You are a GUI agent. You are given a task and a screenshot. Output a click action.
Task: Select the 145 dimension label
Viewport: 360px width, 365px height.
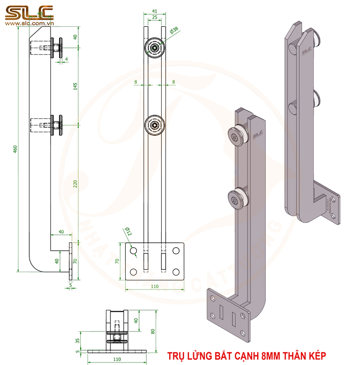pyautogui.click(x=75, y=86)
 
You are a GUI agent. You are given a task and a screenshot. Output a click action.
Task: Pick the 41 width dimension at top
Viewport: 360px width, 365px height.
pyautogui.click(x=154, y=12)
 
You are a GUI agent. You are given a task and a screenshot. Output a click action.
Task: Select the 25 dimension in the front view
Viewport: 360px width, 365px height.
pyautogui.click(x=154, y=18)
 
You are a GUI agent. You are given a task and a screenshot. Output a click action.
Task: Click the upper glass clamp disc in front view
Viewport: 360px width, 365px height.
pyautogui.click(x=154, y=48)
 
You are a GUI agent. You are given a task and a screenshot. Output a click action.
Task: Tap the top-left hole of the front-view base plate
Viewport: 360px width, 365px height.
pyautogui.click(x=134, y=251)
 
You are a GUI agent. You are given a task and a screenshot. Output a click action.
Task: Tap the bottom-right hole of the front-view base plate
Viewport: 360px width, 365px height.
pyautogui.click(x=176, y=272)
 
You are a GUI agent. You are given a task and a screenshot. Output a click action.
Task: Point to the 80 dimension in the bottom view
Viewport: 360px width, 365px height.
pyautogui.click(x=153, y=331)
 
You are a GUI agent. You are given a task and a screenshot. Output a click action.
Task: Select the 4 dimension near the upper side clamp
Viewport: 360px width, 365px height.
pyautogui.click(x=66, y=60)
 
